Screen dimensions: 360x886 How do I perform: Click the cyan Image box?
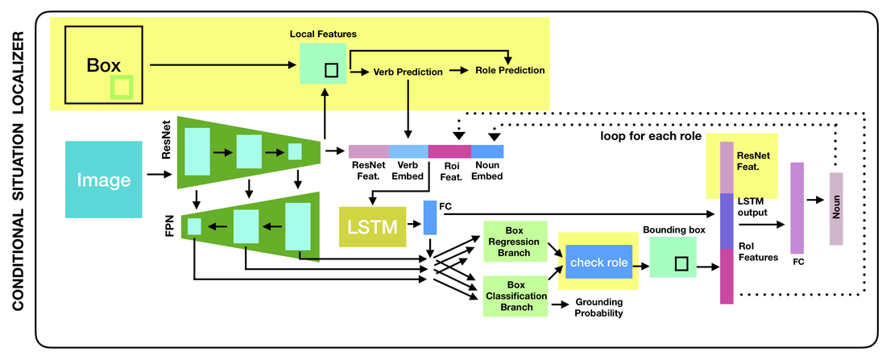(x=103, y=179)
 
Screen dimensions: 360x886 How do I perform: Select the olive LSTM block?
(x=375, y=226)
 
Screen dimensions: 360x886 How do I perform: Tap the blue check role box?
(x=598, y=263)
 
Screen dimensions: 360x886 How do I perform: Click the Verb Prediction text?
(x=408, y=72)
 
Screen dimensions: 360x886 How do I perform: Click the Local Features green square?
(x=323, y=64)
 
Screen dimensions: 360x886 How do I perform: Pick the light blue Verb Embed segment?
(x=408, y=151)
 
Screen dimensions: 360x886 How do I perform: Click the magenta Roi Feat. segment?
(x=449, y=151)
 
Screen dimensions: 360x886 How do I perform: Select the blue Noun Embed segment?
(x=487, y=151)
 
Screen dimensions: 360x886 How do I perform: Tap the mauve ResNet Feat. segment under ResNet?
(x=369, y=151)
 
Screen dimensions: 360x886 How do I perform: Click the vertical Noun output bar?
(x=836, y=208)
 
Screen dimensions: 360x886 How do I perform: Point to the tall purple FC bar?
(x=797, y=208)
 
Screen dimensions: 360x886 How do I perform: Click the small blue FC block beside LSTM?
(x=429, y=218)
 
